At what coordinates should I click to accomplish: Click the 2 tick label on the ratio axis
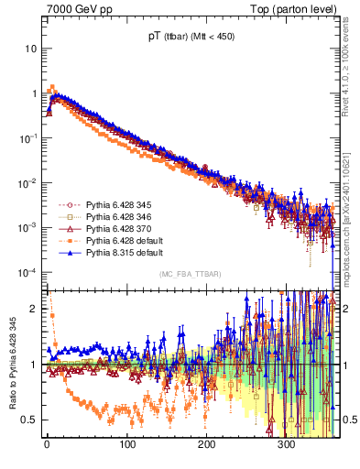tap(33, 309)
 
